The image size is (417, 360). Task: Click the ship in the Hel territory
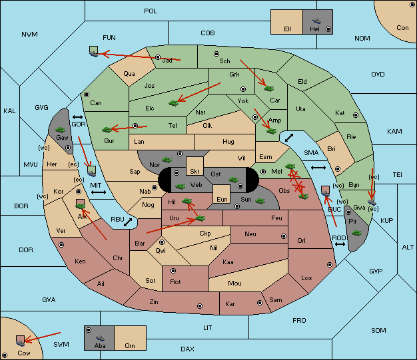click(x=316, y=21)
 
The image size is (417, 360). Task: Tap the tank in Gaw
click(x=61, y=129)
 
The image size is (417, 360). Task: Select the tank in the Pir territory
click(x=356, y=233)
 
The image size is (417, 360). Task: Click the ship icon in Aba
click(x=101, y=337)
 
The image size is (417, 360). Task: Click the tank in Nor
click(x=167, y=160)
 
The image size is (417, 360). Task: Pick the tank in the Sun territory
click(x=260, y=201)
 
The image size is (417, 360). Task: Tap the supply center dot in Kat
click(x=356, y=115)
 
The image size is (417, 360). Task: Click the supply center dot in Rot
click(x=173, y=271)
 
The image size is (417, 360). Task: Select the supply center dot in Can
click(x=87, y=94)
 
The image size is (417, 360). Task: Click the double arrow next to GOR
click(x=78, y=117)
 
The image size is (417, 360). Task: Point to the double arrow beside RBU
click(x=128, y=222)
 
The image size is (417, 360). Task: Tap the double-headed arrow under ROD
click(x=340, y=244)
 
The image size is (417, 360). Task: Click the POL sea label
click(x=151, y=11)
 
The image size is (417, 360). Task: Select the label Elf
click(x=288, y=29)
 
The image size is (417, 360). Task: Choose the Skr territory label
click(x=195, y=172)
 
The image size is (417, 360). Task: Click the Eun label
click(x=222, y=199)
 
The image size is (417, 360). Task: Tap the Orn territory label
click(x=130, y=345)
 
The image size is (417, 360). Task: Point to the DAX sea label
click(x=187, y=349)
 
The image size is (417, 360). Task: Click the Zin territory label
click(x=154, y=302)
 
